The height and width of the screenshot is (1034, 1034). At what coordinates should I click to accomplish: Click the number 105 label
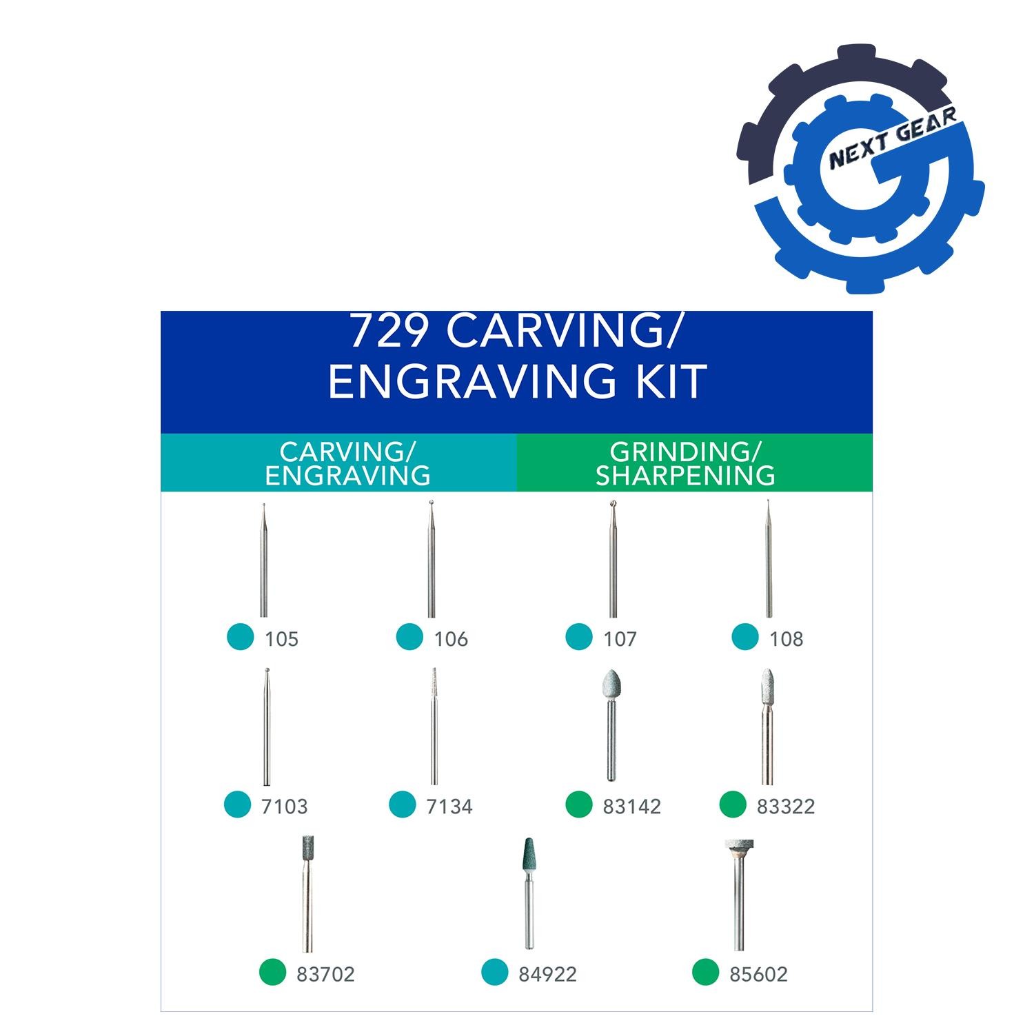281,639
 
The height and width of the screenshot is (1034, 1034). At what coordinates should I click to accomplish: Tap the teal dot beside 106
409,636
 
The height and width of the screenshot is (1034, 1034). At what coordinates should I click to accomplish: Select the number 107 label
620,639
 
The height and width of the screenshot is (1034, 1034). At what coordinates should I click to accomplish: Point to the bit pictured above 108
769,558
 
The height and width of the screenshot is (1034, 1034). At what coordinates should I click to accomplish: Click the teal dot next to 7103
238,804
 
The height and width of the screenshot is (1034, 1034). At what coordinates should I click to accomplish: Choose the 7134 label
449,807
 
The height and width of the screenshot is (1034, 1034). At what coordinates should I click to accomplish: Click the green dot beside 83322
733,804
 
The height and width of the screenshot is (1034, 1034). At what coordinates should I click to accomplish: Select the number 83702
325,974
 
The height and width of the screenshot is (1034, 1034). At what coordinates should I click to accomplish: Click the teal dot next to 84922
494,971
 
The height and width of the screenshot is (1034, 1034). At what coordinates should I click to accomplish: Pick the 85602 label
758,974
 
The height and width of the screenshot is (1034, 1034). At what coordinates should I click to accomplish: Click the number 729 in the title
390,332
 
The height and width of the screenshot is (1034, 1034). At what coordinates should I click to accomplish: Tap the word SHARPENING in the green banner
685,476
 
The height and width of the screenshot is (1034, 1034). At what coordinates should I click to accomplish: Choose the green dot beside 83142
579,804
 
